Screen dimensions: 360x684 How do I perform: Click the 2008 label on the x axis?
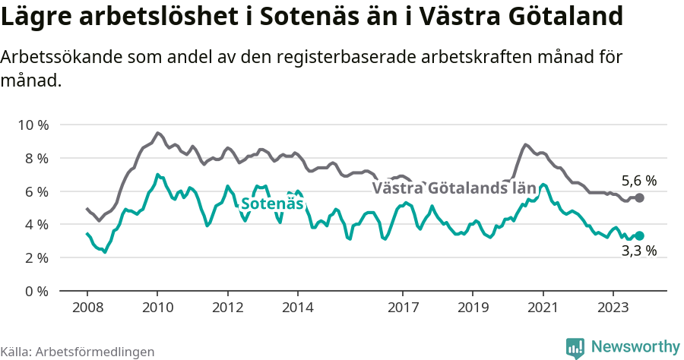(x=87, y=309)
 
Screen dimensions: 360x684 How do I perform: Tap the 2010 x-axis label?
(x=157, y=309)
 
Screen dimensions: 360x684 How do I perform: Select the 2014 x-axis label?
(x=297, y=309)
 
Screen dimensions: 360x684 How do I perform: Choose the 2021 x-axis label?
(x=543, y=309)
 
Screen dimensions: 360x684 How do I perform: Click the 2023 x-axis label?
(x=613, y=309)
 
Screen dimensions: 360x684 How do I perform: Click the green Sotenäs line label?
(x=272, y=204)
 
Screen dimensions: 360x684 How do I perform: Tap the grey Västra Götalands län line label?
(x=454, y=188)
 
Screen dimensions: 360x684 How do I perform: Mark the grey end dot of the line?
(x=640, y=197)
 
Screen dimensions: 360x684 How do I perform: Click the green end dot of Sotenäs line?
(x=640, y=236)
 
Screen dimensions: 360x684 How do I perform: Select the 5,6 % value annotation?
(x=639, y=181)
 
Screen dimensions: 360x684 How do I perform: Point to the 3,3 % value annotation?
(x=639, y=251)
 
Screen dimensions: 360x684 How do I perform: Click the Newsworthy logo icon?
(x=575, y=347)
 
